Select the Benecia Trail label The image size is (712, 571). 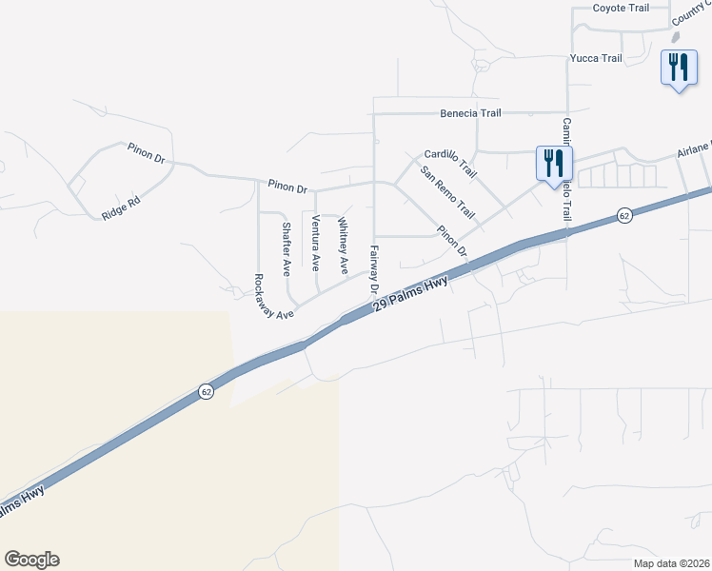click(470, 113)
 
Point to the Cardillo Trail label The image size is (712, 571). click(449, 163)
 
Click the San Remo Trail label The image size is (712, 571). click(447, 193)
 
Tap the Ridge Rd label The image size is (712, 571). click(121, 208)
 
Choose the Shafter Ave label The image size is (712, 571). click(286, 249)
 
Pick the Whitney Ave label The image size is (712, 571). click(343, 246)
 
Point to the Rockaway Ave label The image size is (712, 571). click(273, 296)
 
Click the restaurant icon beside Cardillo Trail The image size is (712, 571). click(552, 163)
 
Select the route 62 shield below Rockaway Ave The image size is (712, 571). click(206, 391)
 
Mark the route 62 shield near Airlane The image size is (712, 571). click(623, 216)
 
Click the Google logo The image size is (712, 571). click(31, 560)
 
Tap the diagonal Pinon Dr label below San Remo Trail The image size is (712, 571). click(452, 241)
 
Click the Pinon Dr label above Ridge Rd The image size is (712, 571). click(147, 153)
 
